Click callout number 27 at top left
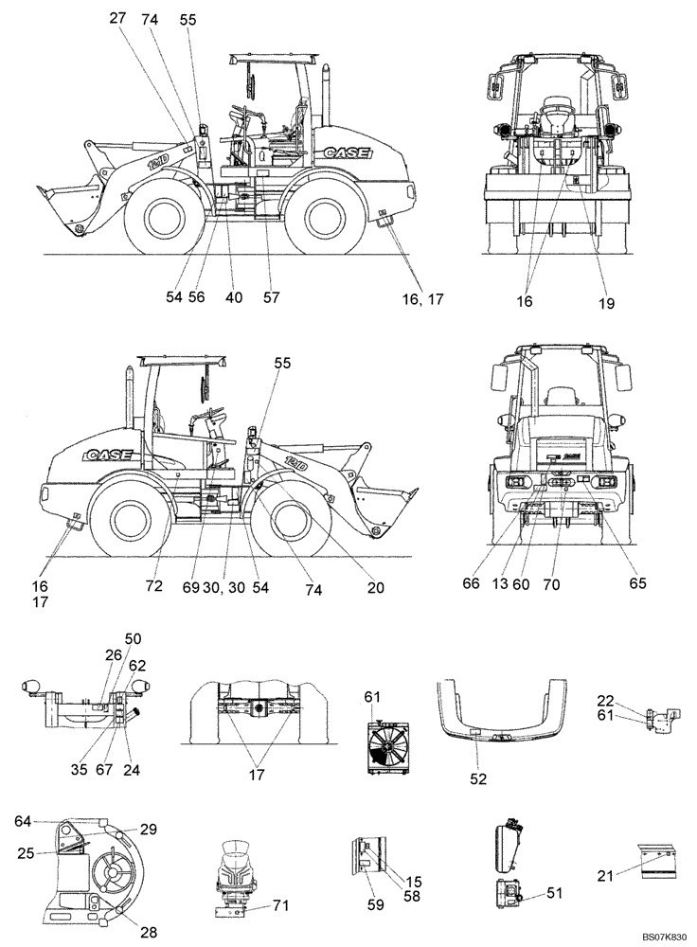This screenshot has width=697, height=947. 117,18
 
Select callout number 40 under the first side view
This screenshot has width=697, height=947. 234,297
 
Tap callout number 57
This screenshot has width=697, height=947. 271,297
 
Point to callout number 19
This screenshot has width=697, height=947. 606,304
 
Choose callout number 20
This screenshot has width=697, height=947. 375,588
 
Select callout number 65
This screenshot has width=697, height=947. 637,584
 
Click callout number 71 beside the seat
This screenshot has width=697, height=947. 279,907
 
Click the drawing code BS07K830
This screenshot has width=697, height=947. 662,937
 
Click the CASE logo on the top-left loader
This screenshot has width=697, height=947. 347,152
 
